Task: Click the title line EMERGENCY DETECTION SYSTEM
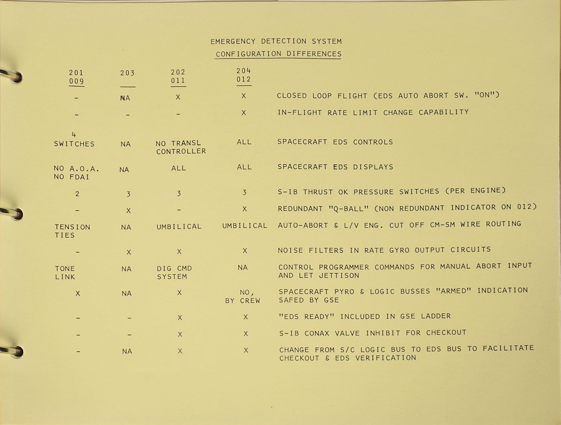tap(276, 41)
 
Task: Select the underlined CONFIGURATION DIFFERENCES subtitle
tap(278, 54)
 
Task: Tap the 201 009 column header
tap(76, 77)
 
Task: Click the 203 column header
tap(127, 73)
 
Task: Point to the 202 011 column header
tap(178, 76)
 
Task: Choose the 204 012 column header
tap(244, 75)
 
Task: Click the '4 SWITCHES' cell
tap(74, 140)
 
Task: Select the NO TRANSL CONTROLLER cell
tap(181, 147)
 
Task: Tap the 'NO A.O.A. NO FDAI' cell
tap(76, 172)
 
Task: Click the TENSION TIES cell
tap(73, 231)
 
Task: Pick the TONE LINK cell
tap(65, 273)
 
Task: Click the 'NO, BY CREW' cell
tap(243, 297)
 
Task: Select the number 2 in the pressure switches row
tap(77, 194)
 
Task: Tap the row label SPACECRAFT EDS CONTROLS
tap(335, 142)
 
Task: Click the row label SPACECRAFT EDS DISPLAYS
tap(335, 167)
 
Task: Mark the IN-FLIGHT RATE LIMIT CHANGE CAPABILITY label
tap(373, 112)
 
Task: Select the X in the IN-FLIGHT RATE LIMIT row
tap(244, 113)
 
